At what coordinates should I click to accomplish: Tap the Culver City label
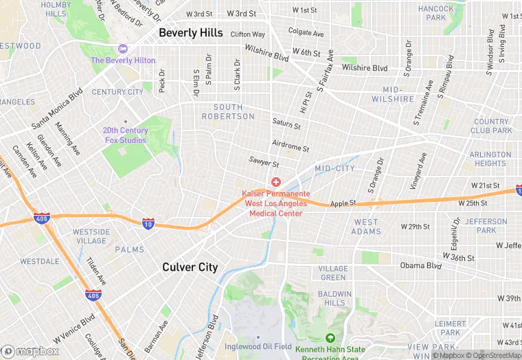[x=190, y=267]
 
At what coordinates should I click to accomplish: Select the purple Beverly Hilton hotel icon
[x=123, y=48]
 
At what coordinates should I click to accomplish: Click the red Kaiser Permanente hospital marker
[x=275, y=182]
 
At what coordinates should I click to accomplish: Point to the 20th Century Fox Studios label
[x=125, y=135]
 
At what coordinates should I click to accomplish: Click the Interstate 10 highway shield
[x=148, y=223]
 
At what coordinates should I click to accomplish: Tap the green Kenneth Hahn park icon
[x=330, y=338]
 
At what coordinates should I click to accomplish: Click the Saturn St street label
[x=286, y=124]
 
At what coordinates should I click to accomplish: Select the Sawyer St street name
[x=264, y=164]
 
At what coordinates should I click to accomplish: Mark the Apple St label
[x=343, y=203]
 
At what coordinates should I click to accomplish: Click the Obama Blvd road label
[x=421, y=266]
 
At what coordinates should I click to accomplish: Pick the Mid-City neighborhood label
[x=334, y=168]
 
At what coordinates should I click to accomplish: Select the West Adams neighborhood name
[x=366, y=227]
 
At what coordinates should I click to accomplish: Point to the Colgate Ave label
[x=306, y=32]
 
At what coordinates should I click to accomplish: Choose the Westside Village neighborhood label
[x=91, y=236]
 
